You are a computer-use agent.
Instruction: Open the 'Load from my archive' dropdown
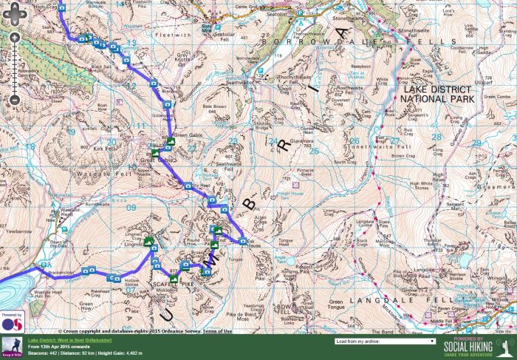384,342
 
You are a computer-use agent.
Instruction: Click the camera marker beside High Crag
61,7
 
